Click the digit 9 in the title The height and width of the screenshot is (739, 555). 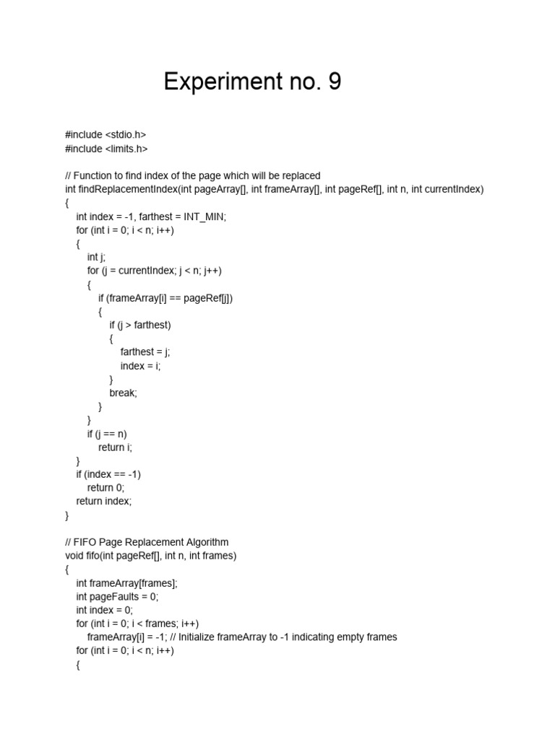332,82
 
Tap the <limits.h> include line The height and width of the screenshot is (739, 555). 106,148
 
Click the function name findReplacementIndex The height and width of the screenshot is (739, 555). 130,189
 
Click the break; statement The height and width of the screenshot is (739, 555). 123,393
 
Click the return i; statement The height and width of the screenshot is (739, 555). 116,447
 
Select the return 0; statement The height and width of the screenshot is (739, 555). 106,488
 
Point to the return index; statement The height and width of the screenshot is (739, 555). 104,501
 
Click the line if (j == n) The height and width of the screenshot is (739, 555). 107,434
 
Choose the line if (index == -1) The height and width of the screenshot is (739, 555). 108,474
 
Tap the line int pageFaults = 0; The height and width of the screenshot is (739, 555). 117,596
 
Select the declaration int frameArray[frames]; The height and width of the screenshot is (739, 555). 126,583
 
